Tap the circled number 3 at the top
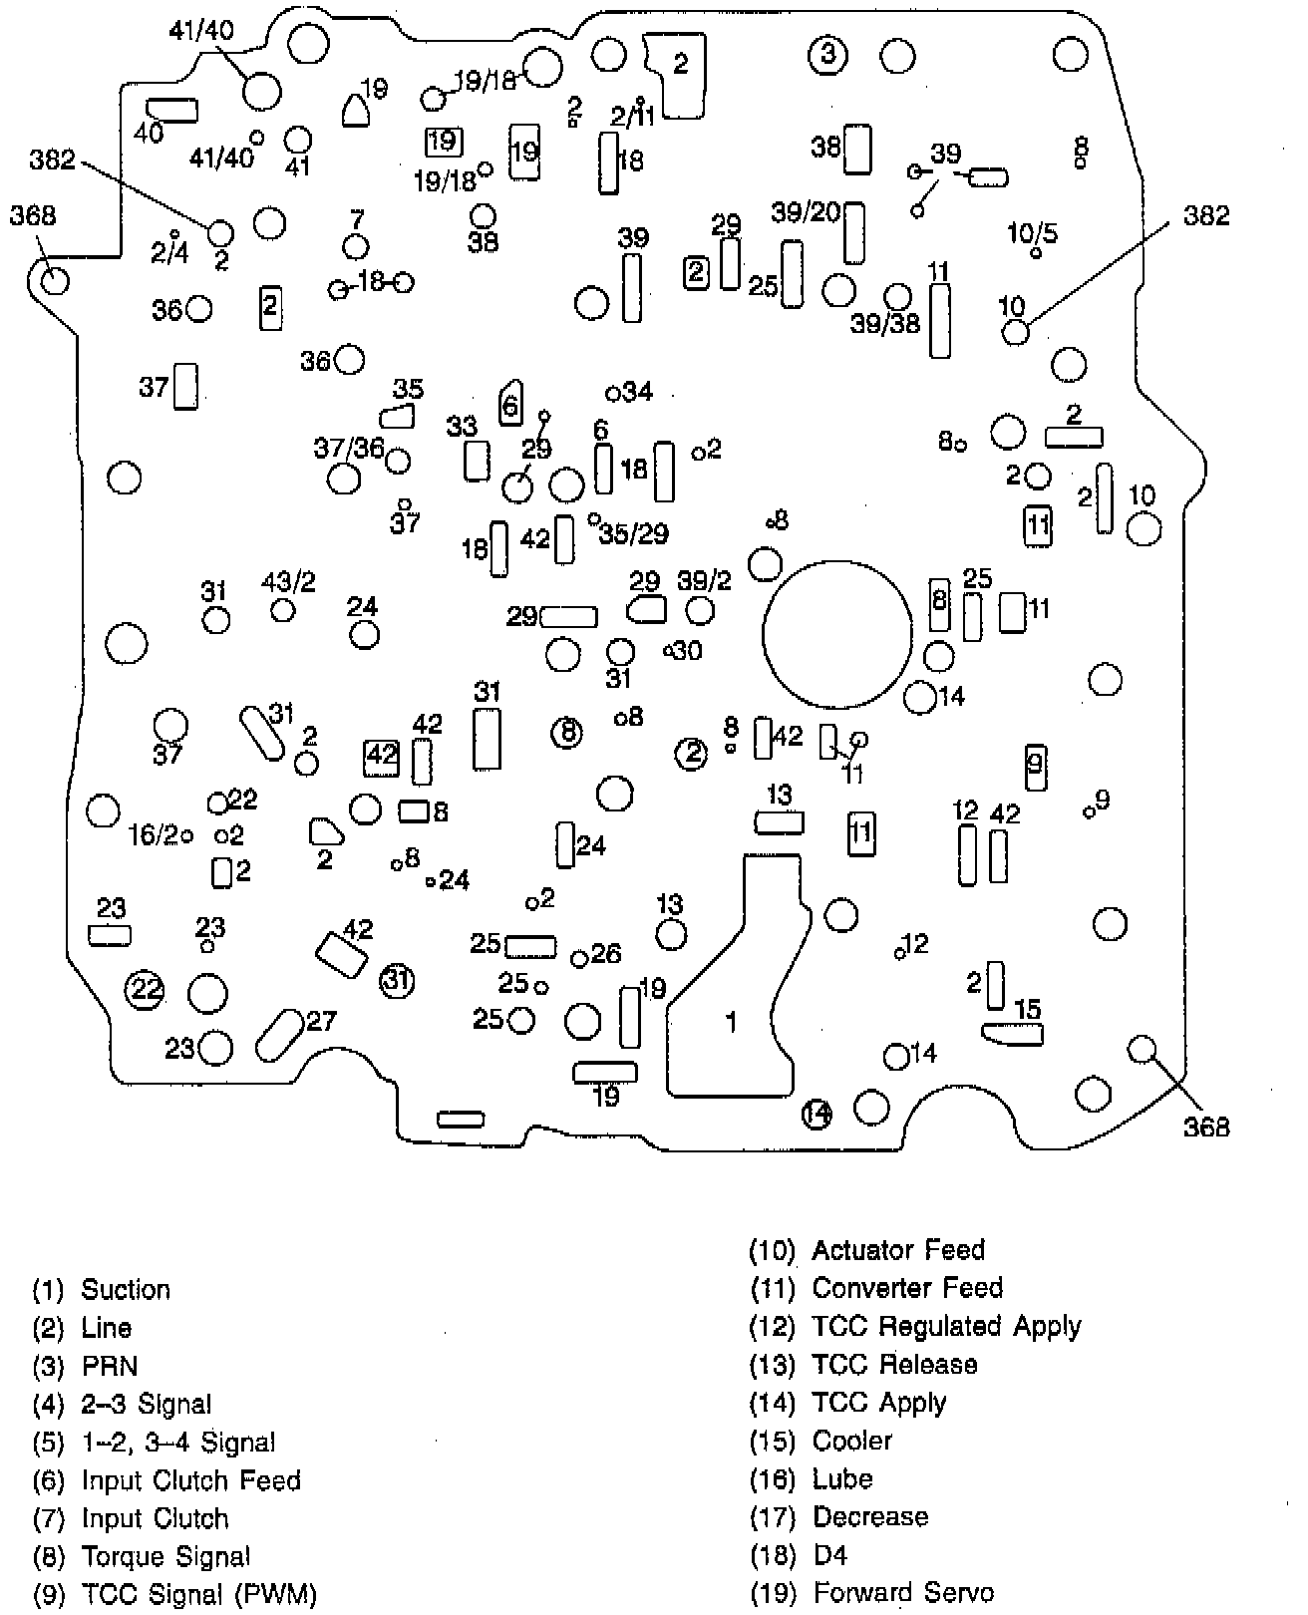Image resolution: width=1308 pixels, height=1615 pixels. tap(827, 55)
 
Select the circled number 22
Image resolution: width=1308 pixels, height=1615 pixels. tap(146, 989)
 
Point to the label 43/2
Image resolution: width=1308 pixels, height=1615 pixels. tap(288, 581)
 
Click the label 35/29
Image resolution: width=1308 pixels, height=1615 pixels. tap(634, 534)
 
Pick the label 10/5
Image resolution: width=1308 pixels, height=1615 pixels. tap(1032, 234)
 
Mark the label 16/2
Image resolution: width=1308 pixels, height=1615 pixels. tap(154, 834)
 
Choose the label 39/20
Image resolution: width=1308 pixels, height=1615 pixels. tap(806, 211)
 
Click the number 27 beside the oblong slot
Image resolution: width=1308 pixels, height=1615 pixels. tap(321, 1021)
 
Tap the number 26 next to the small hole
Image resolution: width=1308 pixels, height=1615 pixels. tap(606, 954)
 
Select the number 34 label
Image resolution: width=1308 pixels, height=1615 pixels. tap(636, 392)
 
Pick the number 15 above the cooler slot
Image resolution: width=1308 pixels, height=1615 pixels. tap(1027, 1009)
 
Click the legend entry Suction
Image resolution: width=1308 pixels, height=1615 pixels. tap(126, 1290)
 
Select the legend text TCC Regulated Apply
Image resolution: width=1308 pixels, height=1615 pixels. tap(946, 1326)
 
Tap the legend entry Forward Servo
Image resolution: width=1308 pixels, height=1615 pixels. tap(902, 1593)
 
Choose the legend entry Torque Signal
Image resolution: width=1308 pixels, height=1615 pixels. tap(165, 1556)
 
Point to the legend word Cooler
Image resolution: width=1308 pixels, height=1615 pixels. tap(852, 1441)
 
